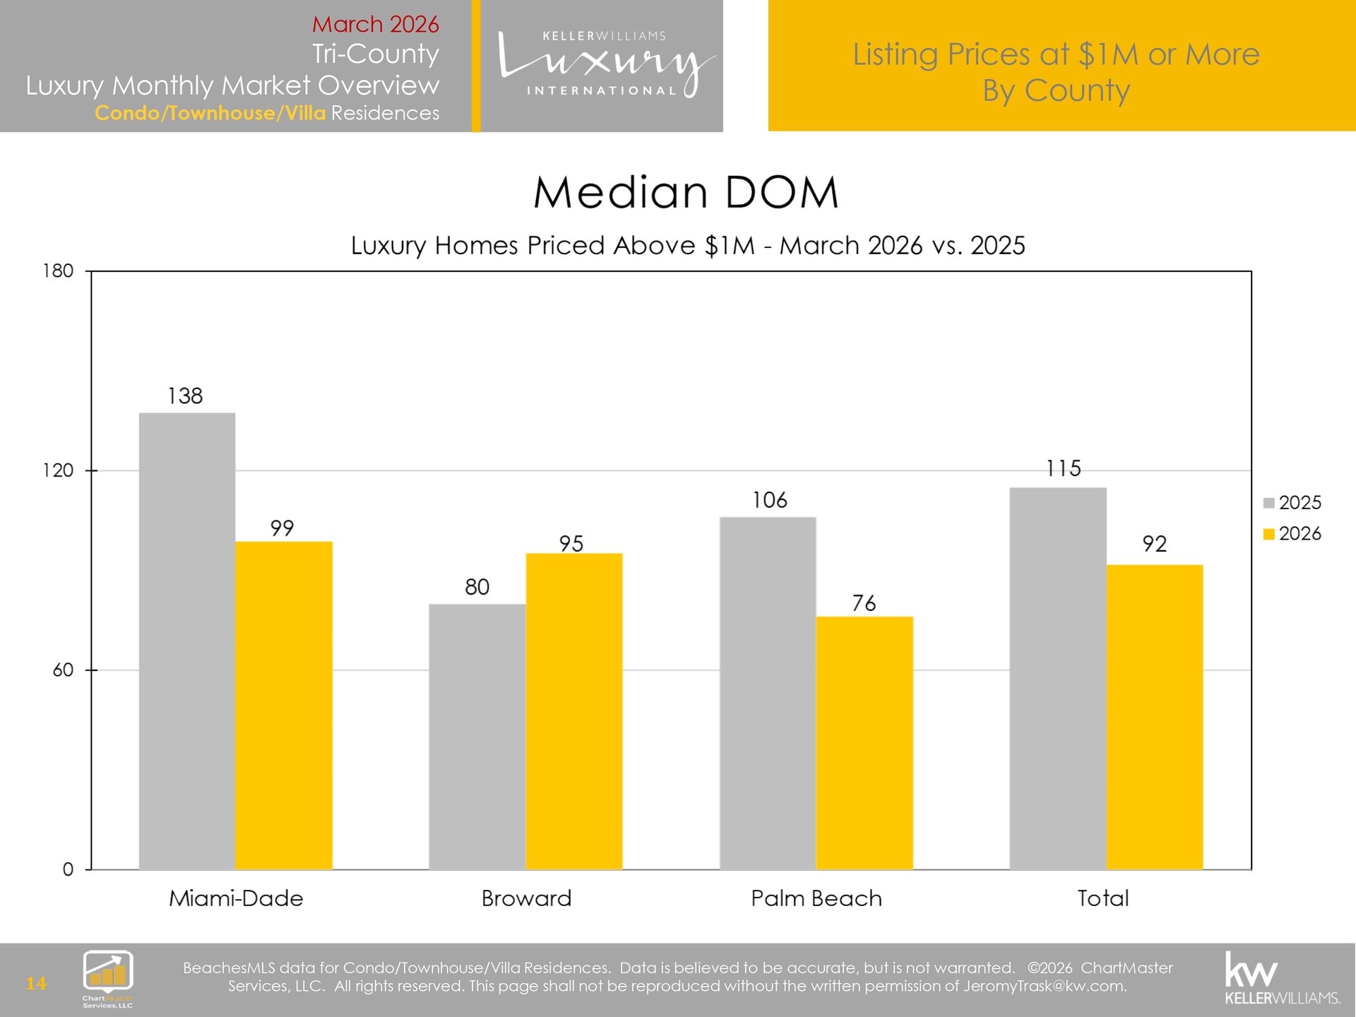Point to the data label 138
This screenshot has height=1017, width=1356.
(x=185, y=396)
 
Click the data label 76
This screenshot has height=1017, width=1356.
(x=864, y=603)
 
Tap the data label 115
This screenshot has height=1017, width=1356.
(x=1064, y=468)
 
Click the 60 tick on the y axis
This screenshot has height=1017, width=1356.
(x=63, y=670)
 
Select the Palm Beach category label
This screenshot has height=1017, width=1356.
(x=816, y=898)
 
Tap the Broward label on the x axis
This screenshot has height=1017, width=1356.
(x=526, y=898)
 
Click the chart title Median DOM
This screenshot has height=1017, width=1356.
(x=686, y=192)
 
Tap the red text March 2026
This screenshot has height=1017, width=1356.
(x=375, y=24)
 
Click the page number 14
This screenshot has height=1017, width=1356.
(x=36, y=983)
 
